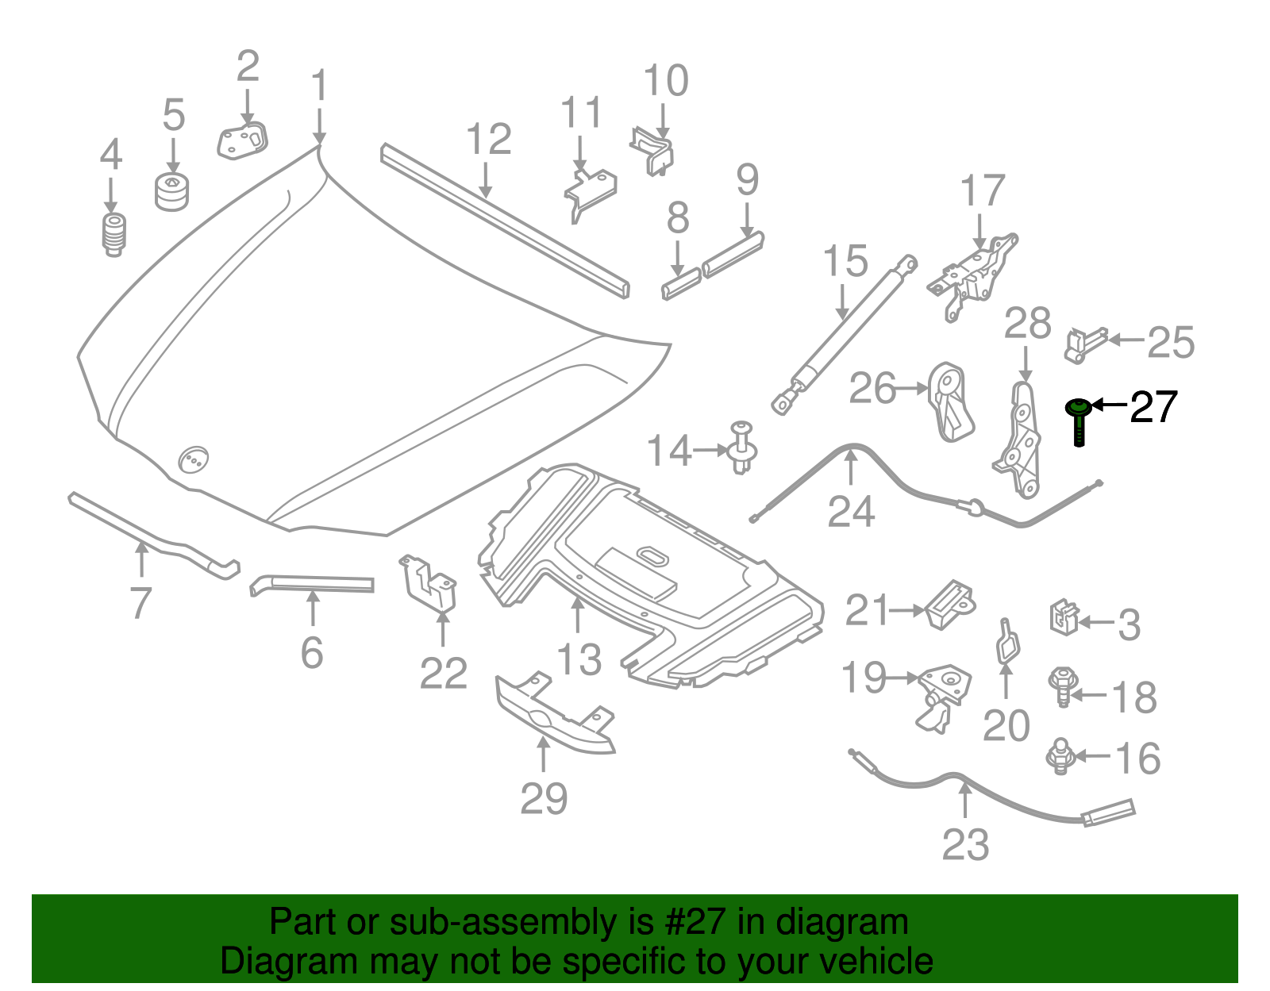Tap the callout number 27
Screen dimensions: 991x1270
coord(1153,407)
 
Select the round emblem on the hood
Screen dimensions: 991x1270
coord(193,459)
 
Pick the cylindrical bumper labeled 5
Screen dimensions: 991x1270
coord(172,193)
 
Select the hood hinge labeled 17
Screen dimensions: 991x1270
coord(972,274)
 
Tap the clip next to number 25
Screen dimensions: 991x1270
coord(1083,344)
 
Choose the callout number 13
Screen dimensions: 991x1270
coord(579,659)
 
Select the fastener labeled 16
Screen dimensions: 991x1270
coord(1058,755)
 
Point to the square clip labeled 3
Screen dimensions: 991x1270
coord(1064,617)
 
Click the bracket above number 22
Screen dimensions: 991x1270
coord(429,585)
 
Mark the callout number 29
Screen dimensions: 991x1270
coord(544,798)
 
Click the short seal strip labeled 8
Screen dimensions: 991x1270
coord(681,284)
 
